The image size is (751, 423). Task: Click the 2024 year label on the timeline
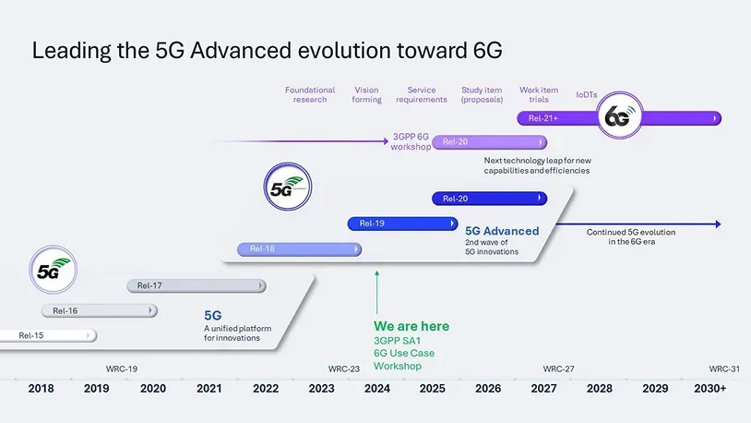click(376, 389)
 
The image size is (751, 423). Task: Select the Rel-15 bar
click(46, 335)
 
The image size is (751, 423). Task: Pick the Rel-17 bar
click(196, 285)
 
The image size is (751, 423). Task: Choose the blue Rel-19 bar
click(402, 224)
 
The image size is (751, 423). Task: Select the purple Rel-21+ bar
click(563, 118)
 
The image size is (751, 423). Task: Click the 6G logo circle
click(619, 119)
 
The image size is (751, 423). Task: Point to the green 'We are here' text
click(411, 326)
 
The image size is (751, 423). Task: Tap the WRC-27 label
click(558, 369)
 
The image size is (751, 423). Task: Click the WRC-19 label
click(122, 369)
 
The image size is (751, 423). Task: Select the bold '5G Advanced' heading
click(502, 231)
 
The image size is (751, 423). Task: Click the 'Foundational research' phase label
click(310, 95)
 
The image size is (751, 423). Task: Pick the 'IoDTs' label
click(588, 94)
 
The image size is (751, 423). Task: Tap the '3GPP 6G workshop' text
click(411, 142)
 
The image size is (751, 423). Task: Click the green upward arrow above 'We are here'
click(376, 291)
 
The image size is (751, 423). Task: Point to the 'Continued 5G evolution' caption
click(631, 237)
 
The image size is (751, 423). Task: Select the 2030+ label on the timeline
click(709, 389)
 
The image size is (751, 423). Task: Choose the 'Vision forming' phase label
click(366, 95)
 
